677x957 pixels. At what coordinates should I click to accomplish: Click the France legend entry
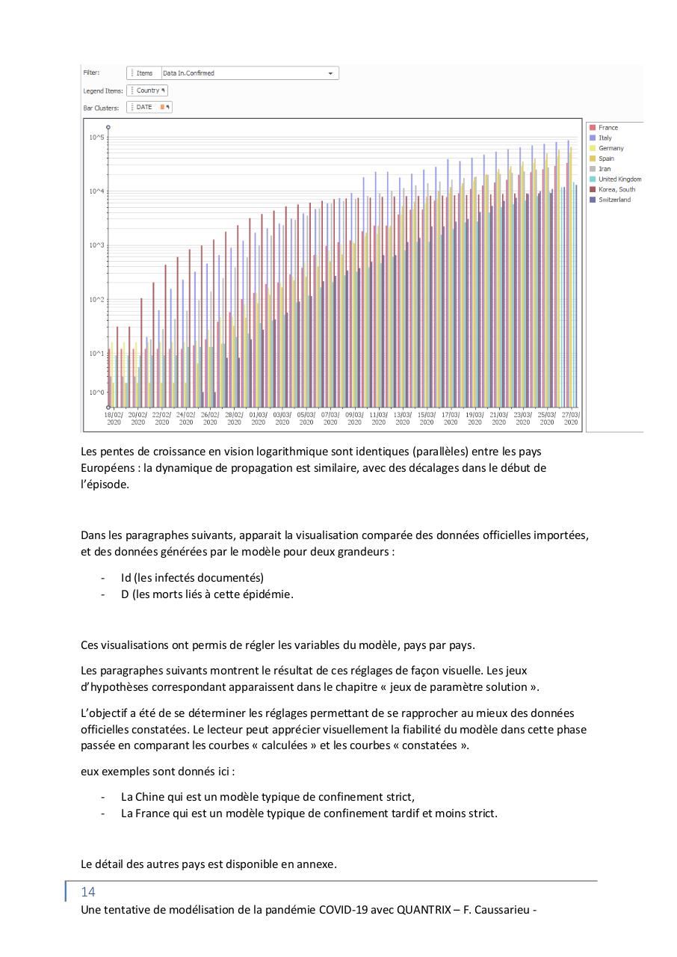pos(608,128)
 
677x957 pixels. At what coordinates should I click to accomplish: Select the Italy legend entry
pos(605,138)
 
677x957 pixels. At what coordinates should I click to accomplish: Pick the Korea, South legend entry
pos(616,190)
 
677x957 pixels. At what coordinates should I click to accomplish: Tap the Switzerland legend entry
pos(614,200)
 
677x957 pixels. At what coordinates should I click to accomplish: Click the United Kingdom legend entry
pos(619,179)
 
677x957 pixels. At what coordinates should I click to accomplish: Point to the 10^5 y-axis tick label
pos(96,138)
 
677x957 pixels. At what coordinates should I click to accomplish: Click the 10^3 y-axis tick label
pos(96,245)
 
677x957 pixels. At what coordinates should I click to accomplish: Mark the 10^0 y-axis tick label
pos(96,393)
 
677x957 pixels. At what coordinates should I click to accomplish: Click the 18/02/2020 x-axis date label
pos(114,418)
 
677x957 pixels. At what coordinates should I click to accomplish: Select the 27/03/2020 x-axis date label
pos(571,418)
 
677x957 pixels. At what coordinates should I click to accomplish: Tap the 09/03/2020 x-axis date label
pos(354,418)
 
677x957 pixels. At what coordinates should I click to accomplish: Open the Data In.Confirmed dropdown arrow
pos(330,73)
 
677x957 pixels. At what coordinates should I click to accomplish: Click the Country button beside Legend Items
pos(147,90)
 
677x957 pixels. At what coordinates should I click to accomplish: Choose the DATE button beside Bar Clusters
pos(149,108)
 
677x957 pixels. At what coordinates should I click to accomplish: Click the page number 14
pos(88,892)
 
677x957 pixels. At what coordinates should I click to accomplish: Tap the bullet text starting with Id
pos(192,578)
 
